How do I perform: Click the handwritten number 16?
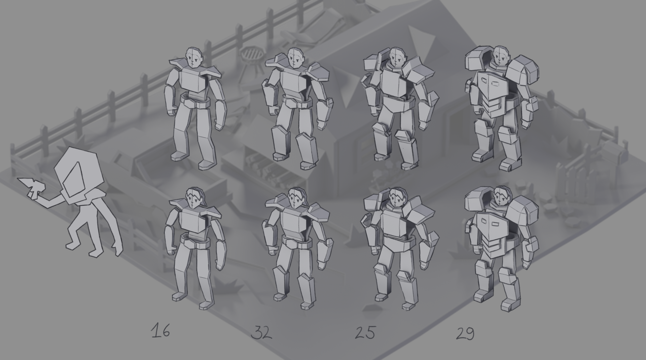pyautogui.click(x=160, y=331)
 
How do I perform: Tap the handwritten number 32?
pyautogui.click(x=261, y=332)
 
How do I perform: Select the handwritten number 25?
pyautogui.click(x=365, y=332)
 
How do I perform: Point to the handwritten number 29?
pyautogui.click(x=465, y=333)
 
